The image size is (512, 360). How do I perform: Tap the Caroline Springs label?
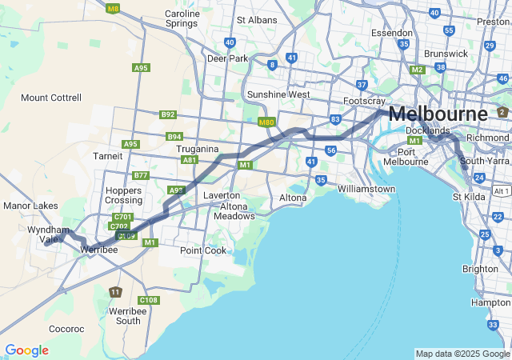(x=182, y=19)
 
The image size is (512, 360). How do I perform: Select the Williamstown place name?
(x=366, y=189)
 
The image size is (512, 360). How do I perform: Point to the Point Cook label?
(x=203, y=250)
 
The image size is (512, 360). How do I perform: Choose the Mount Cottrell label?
(x=51, y=98)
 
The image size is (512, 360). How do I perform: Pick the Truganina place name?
(x=204, y=149)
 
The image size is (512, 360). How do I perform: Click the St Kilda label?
(x=470, y=196)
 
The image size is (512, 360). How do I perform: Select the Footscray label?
(x=364, y=102)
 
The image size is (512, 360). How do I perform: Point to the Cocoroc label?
(x=66, y=329)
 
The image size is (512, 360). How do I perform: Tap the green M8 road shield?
(x=113, y=9)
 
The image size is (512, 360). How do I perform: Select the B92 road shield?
(x=167, y=114)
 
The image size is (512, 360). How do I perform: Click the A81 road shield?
(x=190, y=160)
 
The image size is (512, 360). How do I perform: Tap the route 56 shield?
(x=330, y=150)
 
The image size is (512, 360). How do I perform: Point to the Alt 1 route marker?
(x=502, y=192)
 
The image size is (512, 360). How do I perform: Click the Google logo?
(x=26, y=350)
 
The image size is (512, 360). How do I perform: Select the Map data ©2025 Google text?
(x=462, y=354)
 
